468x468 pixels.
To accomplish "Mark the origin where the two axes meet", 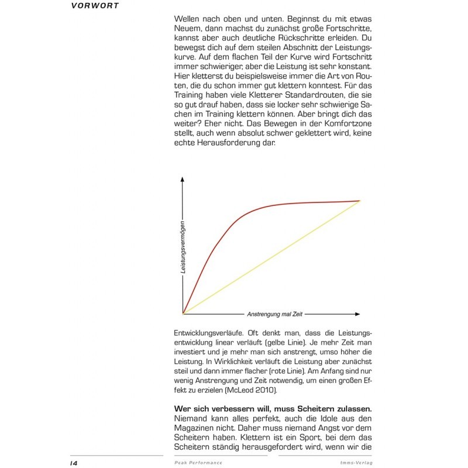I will click(x=183, y=314).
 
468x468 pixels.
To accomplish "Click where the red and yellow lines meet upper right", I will click(x=359, y=201).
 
